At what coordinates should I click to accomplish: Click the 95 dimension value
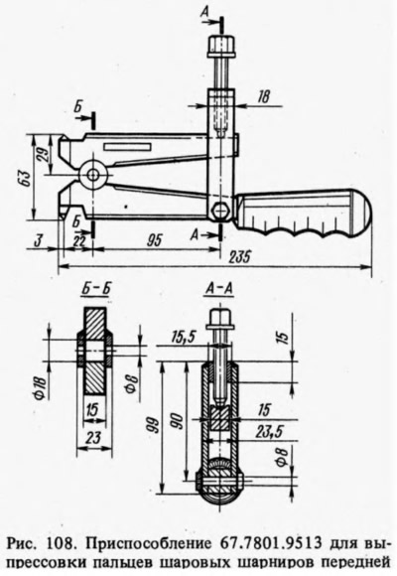(x=154, y=240)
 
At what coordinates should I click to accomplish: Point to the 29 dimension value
(x=43, y=154)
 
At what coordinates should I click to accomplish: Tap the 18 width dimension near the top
(x=263, y=96)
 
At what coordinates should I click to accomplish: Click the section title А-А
(x=218, y=290)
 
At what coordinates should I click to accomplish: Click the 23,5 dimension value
(x=269, y=432)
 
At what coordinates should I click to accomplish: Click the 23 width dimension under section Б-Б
(x=94, y=438)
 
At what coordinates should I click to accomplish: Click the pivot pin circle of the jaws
(x=92, y=174)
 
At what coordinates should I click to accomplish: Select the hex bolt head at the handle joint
(x=220, y=211)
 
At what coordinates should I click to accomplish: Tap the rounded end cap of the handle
(x=361, y=214)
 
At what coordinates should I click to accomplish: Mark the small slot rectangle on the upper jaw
(x=127, y=147)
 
